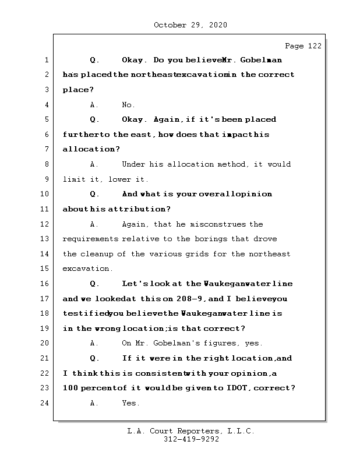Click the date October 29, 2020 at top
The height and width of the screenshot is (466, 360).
pyautogui.click(x=190, y=25)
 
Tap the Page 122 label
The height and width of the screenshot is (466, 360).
pyautogui.click(x=302, y=46)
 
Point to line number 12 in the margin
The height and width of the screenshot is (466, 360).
pyautogui.click(x=45, y=224)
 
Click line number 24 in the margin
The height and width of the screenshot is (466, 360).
pyautogui.click(x=45, y=403)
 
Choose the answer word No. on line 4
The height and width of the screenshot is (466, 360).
pyautogui.click(x=128, y=105)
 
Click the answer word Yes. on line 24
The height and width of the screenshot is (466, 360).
pyautogui.click(x=130, y=403)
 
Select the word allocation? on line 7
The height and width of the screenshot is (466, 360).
pyautogui.click(x=91, y=150)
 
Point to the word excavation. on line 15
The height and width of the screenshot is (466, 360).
pyautogui.click(x=88, y=269)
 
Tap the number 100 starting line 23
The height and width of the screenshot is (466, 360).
pyautogui.click(x=70, y=389)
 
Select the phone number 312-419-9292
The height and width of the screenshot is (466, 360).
pyautogui.click(x=190, y=440)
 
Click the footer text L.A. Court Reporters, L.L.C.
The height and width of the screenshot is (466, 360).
pyautogui.click(x=190, y=432)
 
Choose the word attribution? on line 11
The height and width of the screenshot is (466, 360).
pyautogui.click(x=135, y=209)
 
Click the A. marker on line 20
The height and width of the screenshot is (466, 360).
pyautogui.click(x=94, y=344)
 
